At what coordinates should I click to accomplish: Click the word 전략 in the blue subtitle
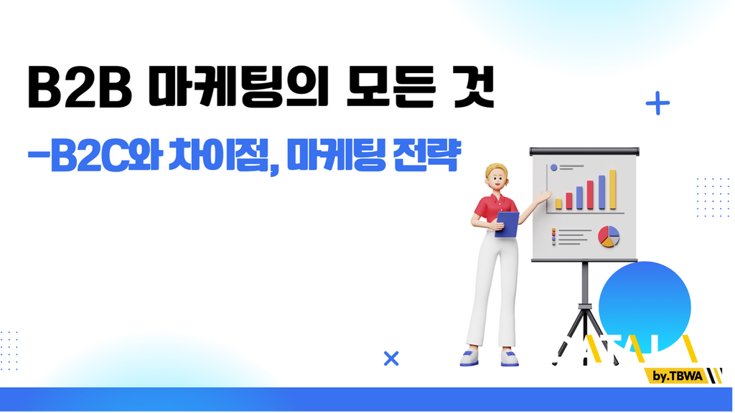(427, 154)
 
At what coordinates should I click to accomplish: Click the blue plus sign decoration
(657, 103)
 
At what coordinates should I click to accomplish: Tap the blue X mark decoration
(391, 359)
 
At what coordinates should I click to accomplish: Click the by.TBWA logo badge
(681, 376)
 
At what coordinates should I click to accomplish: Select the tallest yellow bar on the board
(612, 189)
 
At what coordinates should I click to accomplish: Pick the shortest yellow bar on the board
(558, 204)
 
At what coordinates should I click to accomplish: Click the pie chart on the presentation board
(609, 237)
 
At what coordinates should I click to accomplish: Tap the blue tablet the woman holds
(507, 224)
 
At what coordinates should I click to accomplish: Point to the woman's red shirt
(495, 209)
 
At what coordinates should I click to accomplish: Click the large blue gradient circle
(645, 307)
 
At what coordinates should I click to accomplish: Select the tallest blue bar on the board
(601, 192)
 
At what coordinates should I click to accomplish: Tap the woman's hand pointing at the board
(544, 196)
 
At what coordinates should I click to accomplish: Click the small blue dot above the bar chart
(553, 167)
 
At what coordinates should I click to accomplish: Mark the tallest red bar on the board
(590, 195)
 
